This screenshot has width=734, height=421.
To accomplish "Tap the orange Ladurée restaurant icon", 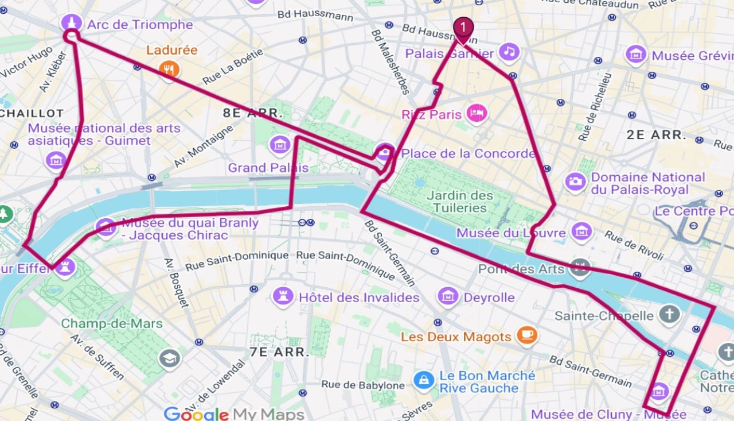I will point(169,69).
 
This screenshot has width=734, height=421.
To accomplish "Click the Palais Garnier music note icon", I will point(509,52).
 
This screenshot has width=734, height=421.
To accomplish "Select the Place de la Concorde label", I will point(468,153).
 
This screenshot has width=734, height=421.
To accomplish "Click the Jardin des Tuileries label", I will point(460,201).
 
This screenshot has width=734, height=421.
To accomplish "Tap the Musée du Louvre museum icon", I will point(581,232).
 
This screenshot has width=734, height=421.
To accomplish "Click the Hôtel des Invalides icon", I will point(283,296).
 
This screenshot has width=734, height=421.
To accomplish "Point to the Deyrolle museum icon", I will point(448,296).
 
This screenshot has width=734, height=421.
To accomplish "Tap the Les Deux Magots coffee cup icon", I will point(526,335).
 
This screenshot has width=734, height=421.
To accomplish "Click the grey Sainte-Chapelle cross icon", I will point(669,314).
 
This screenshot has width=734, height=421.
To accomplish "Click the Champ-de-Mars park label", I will point(112,323).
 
